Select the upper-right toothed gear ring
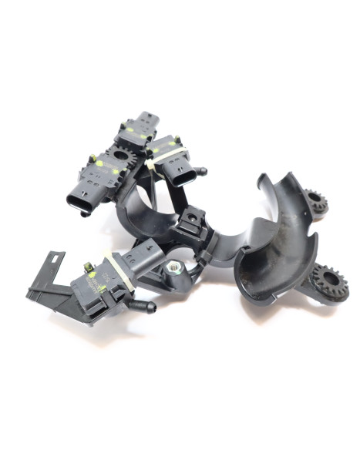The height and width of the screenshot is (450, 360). click(x=315, y=202)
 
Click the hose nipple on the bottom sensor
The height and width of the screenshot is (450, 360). click(x=143, y=307)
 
